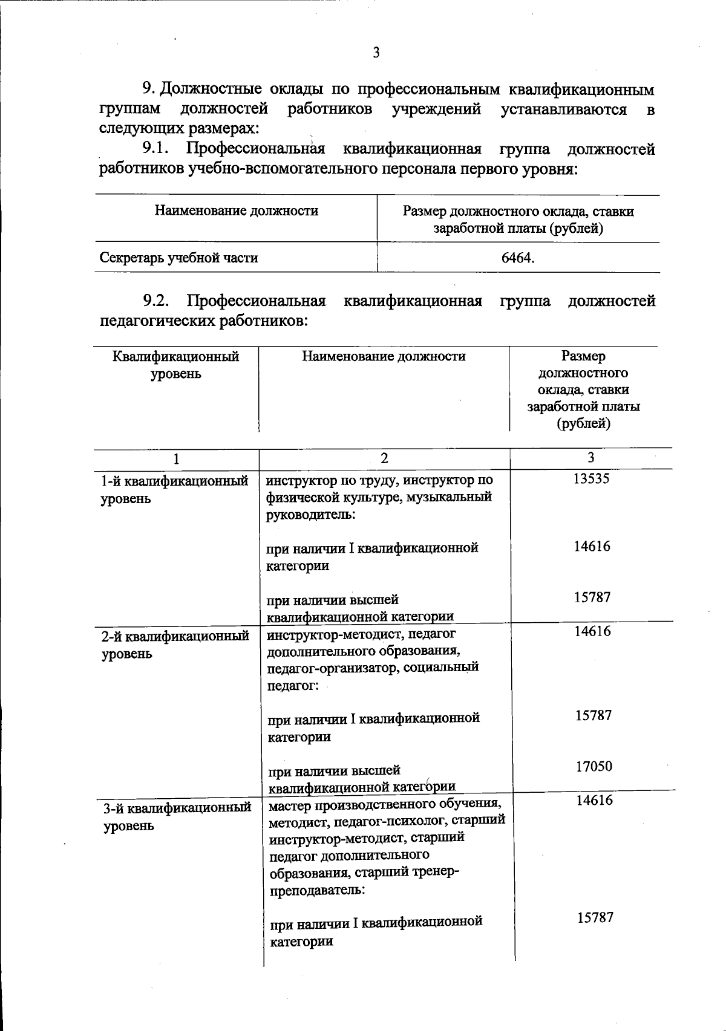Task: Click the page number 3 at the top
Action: click(x=376, y=53)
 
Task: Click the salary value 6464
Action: click(x=518, y=258)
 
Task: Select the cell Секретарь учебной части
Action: click(x=179, y=258)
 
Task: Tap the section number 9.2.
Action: click(x=155, y=301)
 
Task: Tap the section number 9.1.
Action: click(x=155, y=148)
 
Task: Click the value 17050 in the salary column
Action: click(x=594, y=766)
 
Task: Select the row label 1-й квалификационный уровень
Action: click(x=174, y=490)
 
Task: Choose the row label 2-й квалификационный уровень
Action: click(x=175, y=645)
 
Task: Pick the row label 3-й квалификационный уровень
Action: click(x=177, y=816)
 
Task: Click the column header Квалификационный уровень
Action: click(x=176, y=365)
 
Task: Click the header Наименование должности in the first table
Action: click(x=237, y=210)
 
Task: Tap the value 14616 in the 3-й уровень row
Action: click(x=594, y=800)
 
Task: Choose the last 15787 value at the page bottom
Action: click(x=595, y=917)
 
